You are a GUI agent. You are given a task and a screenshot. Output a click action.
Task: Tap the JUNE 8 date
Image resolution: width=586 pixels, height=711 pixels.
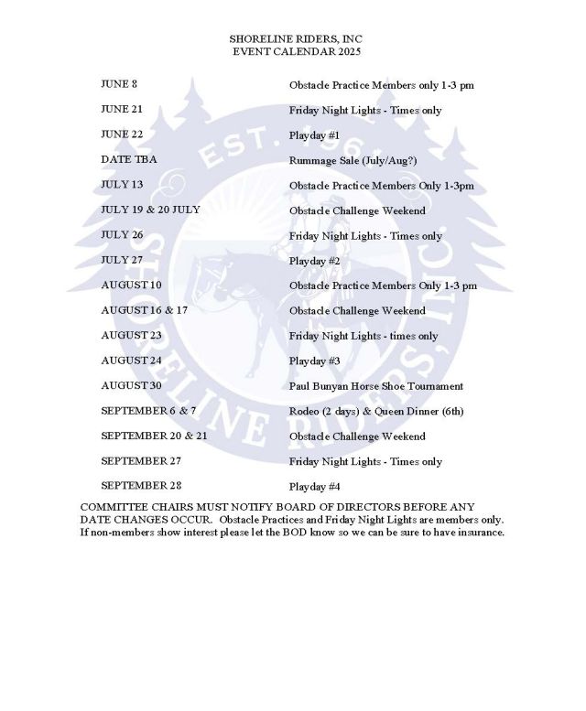click(x=119, y=85)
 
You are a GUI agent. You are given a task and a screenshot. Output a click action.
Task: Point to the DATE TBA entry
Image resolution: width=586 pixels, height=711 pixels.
click(x=129, y=159)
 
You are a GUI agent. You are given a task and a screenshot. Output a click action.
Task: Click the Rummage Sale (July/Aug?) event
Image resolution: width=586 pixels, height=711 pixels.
click(x=353, y=160)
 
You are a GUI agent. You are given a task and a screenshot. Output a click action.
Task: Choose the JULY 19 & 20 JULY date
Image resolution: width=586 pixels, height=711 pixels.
click(x=150, y=210)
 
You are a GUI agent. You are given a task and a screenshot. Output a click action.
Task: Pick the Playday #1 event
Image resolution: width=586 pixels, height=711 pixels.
click(x=315, y=135)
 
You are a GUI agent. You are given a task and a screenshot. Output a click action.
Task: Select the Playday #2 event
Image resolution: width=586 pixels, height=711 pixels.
click(x=315, y=261)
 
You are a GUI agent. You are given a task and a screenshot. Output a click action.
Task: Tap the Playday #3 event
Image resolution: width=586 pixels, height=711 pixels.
click(x=315, y=361)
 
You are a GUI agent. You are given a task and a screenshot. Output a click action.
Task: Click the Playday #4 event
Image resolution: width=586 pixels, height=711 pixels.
click(x=315, y=486)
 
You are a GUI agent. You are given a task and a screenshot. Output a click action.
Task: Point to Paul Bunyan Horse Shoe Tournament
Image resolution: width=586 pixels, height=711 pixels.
click(x=376, y=385)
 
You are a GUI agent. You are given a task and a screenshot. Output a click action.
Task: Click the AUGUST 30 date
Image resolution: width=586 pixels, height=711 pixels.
click(x=132, y=385)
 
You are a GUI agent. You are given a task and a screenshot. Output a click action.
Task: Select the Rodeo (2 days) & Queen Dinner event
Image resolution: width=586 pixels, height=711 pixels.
click(x=374, y=411)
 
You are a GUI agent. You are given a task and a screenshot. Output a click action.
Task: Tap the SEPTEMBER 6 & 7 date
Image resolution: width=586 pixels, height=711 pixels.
click(x=148, y=410)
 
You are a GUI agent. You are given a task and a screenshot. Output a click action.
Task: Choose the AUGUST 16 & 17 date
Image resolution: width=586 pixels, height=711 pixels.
click(x=145, y=310)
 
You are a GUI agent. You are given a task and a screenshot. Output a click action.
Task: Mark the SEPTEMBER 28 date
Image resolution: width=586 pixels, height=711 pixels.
click(x=141, y=485)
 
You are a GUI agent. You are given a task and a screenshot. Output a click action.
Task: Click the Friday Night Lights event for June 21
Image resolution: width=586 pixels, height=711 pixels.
click(x=365, y=111)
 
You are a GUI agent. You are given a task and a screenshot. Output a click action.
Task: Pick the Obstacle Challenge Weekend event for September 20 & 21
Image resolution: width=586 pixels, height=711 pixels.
click(x=357, y=436)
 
